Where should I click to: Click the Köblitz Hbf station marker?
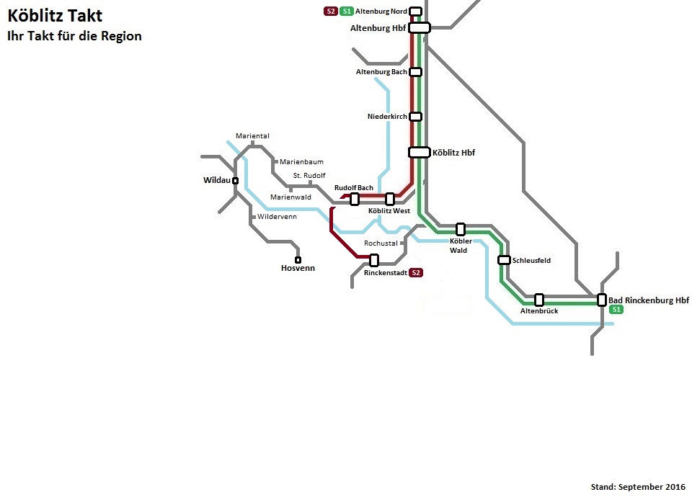pyautogui.click(x=420, y=153)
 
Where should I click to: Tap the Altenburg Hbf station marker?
pyautogui.click(x=420, y=28)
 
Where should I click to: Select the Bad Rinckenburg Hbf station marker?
pyautogui.click(x=601, y=300)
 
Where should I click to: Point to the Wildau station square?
pyautogui.click(x=235, y=181)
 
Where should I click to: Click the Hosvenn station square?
pyautogui.click(x=298, y=260)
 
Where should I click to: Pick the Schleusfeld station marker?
pyautogui.click(x=504, y=260)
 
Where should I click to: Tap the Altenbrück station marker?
pyautogui.click(x=539, y=300)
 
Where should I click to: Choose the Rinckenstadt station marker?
pyautogui.click(x=374, y=260)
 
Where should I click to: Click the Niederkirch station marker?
pyautogui.click(x=415, y=117)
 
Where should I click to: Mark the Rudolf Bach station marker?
pyautogui.click(x=355, y=200)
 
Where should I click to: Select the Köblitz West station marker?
pyautogui.click(x=390, y=200)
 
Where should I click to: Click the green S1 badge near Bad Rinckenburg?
pyautogui.click(x=616, y=310)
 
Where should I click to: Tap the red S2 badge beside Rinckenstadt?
pyautogui.click(x=416, y=272)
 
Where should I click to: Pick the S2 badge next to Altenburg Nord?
pyautogui.click(x=331, y=11)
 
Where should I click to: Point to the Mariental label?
pyautogui.click(x=252, y=136)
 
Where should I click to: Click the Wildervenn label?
pyautogui.click(x=277, y=217)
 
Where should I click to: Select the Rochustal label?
pyautogui.click(x=381, y=243)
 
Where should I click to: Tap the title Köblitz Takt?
pyautogui.click(x=56, y=15)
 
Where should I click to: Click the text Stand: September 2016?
pyautogui.click(x=638, y=487)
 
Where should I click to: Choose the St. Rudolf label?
pyautogui.click(x=309, y=176)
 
